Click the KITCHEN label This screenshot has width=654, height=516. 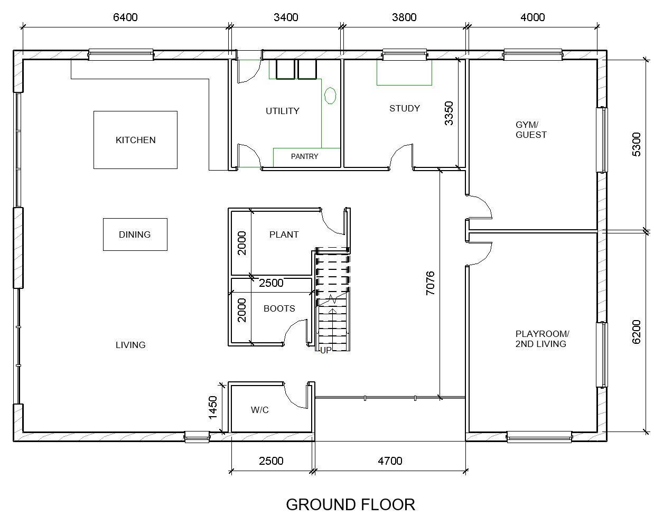tap(136, 140)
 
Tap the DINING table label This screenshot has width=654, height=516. tap(135, 234)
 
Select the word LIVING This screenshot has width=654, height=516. tap(130, 345)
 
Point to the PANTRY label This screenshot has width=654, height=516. tap(304, 156)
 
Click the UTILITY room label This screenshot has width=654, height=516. tap(283, 111)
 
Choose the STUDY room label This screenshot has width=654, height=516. tap(405, 108)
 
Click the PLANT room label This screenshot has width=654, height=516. tap(284, 234)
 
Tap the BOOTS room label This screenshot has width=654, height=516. tap(279, 309)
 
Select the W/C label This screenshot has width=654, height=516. tap(260, 410)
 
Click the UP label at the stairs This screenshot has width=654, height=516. tap(326, 350)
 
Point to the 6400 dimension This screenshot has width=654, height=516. tap(125, 17)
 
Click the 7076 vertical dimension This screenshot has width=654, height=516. tap(431, 283)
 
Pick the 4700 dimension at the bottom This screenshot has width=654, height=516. tap(390, 461)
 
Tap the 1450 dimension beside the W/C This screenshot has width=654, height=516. tap(213, 408)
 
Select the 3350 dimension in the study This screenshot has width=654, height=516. tap(449, 114)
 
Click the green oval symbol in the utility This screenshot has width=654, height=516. tap(330, 96)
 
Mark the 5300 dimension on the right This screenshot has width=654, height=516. tap(636, 144)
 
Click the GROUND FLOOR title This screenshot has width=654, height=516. tap(350, 505)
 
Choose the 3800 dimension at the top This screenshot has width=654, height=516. tap(404, 17)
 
